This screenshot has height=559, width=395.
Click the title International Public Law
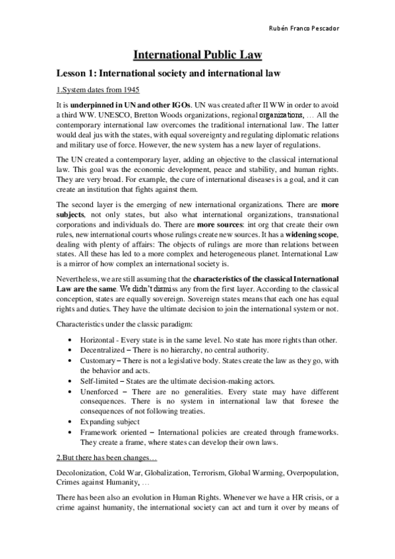197,55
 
